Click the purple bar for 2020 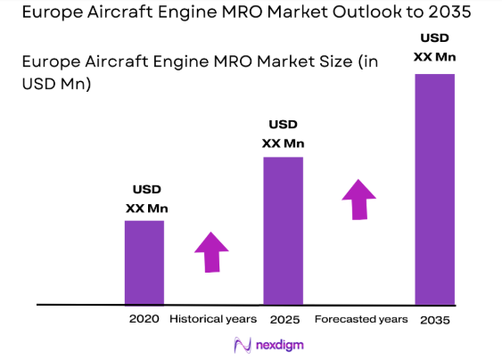(x=144, y=261)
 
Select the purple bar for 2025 (x=283, y=230)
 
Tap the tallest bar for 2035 (x=435, y=188)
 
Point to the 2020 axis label (x=144, y=319)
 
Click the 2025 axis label (x=282, y=319)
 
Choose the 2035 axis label (x=436, y=319)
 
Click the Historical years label (x=213, y=319)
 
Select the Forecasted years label (x=361, y=319)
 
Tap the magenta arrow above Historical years (x=212, y=251)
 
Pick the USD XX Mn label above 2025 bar (x=283, y=135)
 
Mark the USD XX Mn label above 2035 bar (x=435, y=48)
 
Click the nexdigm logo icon (x=240, y=345)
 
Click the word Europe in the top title (x=45, y=12)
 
